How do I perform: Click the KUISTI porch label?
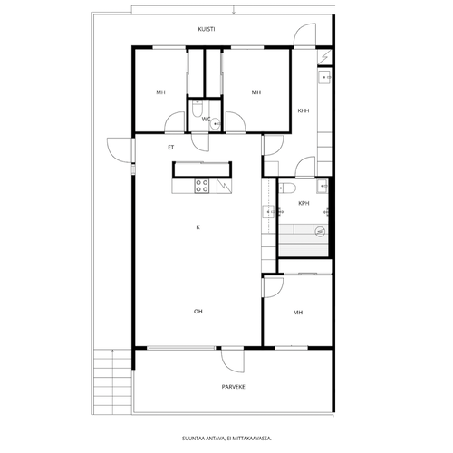pyautogui.click(x=207, y=29)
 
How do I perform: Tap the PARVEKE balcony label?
pyautogui.click(x=234, y=387)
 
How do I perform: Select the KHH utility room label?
pyautogui.click(x=304, y=111)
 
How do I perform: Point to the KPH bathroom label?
pyautogui.click(x=304, y=203)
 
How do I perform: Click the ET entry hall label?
pyautogui.click(x=171, y=148)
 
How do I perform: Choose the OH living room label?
pyautogui.click(x=198, y=312)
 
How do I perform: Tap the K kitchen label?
pyautogui.click(x=198, y=227)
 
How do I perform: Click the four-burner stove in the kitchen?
pyautogui.click(x=202, y=186)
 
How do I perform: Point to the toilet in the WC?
pyautogui.click(x=197, y=109)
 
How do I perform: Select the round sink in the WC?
pyautogui.click(x=216, y=123)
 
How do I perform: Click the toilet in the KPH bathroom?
pyautogui.click(x=287, y=188)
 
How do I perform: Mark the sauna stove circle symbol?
pyautogui.click(x=320, y=232)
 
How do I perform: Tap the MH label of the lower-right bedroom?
pyautogui.click(x=298, y=313)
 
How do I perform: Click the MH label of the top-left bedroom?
pyautogui.click(x=160, y=92)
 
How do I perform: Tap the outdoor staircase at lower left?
pyautogui.click(x=112, y=381)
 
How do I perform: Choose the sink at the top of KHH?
pyautogui.click(x=325, y=78)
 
